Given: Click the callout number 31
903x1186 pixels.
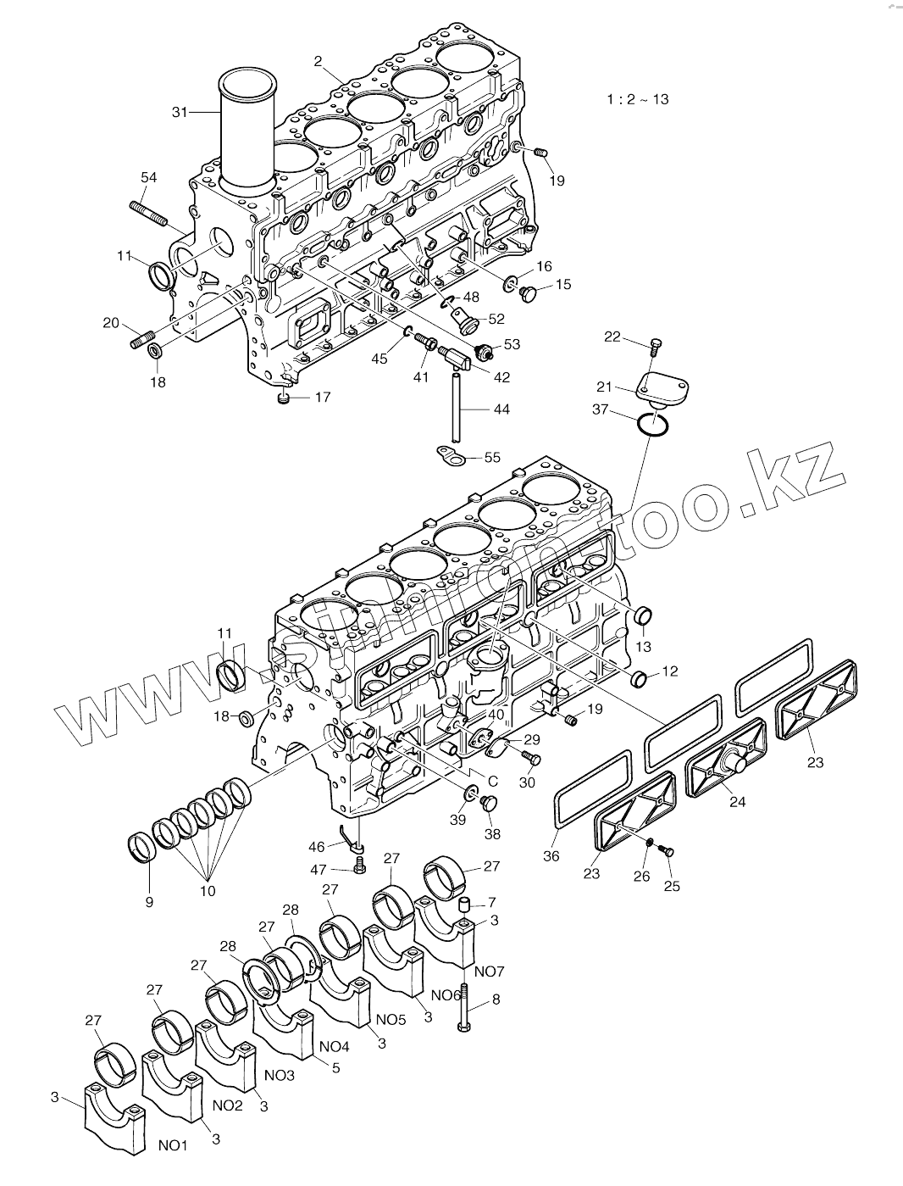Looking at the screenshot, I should point(180,111).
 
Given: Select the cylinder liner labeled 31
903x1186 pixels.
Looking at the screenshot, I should point(247,127).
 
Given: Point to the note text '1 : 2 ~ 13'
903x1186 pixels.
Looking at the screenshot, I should point(637,99).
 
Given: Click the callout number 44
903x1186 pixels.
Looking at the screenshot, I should point(501,409).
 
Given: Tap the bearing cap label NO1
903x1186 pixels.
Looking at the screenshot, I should point(173,1145).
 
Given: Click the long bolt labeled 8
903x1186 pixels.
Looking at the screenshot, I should point(464,1009).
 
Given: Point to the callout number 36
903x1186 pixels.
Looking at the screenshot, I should point(551,856).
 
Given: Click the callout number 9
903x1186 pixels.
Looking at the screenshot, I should point(149,902).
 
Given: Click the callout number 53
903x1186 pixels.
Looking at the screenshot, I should point(511,344).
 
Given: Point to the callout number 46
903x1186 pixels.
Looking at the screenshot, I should point(316,846).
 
